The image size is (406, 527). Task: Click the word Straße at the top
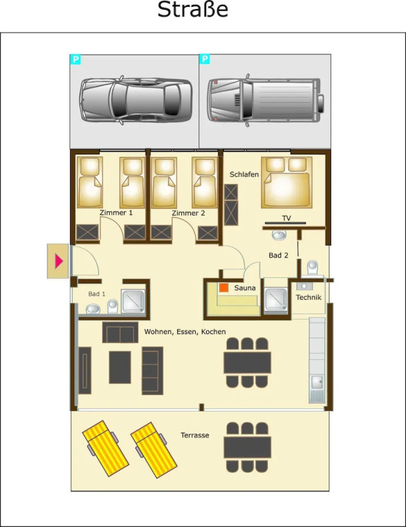point(193,10)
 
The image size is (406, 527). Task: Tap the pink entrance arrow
point(59,261)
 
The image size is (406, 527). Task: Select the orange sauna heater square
point(224,288)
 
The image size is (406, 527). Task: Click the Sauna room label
point(245,288)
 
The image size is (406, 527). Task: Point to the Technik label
point(308,297)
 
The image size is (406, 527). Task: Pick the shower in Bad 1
point(133,301)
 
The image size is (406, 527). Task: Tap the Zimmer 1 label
point(116,213)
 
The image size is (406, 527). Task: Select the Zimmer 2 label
point(188,213)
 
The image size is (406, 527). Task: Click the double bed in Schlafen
point(286,182)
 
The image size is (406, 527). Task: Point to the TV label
point(286,218)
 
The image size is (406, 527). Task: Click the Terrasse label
point(195,435)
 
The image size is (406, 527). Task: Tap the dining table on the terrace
point(247,447)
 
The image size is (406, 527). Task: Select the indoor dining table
point(247,362)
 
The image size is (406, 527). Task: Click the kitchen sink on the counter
point(317,382)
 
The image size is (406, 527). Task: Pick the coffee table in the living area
point(120,367)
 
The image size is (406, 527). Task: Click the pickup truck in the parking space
point(265,99)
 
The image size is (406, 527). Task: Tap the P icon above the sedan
point(76,60)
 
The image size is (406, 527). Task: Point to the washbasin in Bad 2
point(279,235)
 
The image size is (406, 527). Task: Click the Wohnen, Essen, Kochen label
point(185,331)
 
